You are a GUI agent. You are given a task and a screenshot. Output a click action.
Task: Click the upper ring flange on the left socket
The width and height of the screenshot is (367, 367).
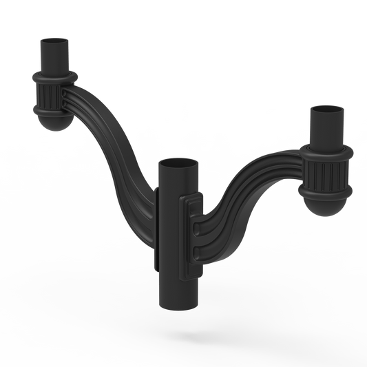point(52,76)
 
